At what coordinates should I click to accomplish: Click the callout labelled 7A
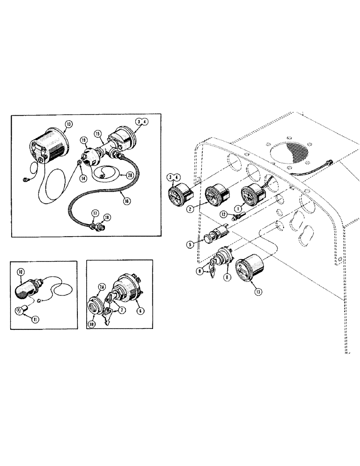pos(102,288)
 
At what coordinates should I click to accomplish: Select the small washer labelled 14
pos(79,162)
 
